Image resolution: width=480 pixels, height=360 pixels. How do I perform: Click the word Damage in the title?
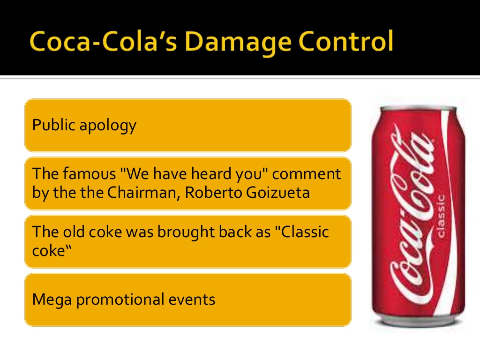pos(238,43)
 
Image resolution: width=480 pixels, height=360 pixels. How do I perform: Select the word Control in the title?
pos(345,41)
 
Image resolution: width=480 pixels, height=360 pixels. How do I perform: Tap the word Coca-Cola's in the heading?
pos(103,41)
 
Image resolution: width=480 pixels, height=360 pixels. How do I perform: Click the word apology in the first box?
pos(108,126)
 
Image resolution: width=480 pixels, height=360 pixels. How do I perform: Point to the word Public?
pos(53,124)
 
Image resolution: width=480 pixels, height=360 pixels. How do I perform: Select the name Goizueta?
pos(277,192)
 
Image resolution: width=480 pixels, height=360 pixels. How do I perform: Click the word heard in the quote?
pos(211,173)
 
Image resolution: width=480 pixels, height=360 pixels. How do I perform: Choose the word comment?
pos(307,174)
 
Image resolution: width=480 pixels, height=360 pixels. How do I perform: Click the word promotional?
pos(120,300)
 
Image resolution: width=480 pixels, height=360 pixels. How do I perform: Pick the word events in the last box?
pos(192,300)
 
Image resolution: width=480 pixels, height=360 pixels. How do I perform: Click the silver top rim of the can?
pos(418,108)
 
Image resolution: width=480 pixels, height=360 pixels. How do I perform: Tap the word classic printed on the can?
pos(441,216)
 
